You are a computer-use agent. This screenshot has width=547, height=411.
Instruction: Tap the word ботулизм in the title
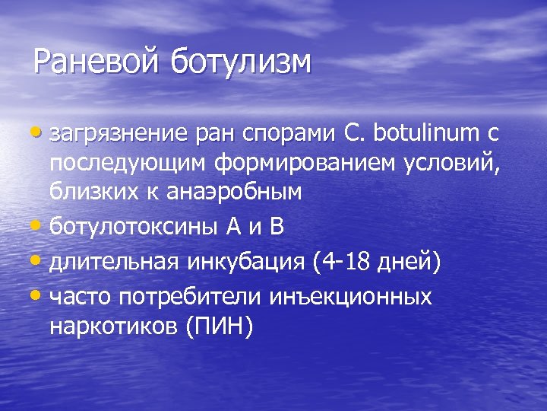click(x=241, y=62)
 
